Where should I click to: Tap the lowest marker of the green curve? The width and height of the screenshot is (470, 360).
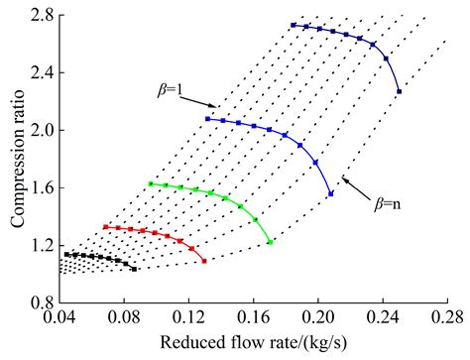pos(270,242)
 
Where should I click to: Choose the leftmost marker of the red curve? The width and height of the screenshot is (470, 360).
pos(105,227)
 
